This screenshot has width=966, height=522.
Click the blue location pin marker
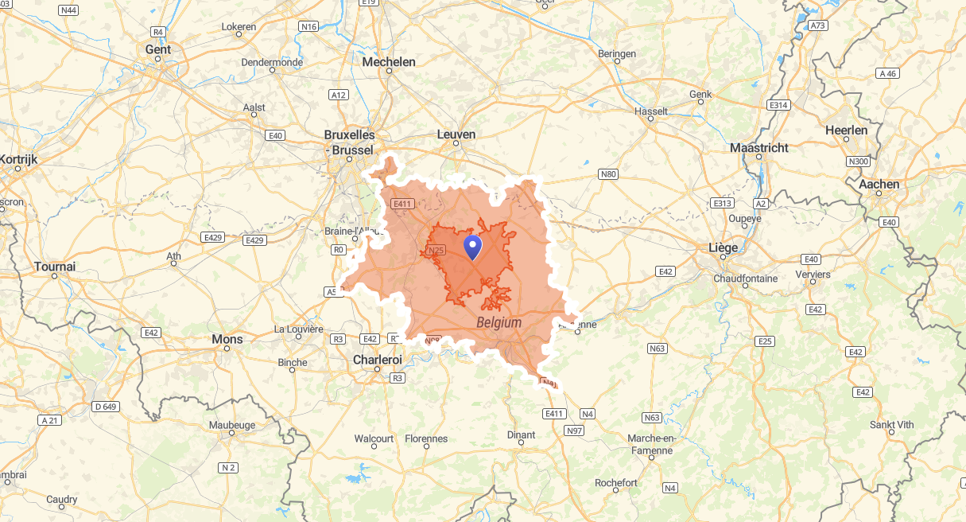pos(472,247)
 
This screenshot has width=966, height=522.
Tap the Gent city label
pos(158,49)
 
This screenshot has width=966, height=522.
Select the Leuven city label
pos(456,134)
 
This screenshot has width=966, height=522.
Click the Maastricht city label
pos(759,148)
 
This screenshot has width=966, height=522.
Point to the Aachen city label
pos(879,185)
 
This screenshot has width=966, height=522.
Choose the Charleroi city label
pos(378,360)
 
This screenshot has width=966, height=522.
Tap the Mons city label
pos(227,339)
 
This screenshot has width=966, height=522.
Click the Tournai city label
pos(55,267)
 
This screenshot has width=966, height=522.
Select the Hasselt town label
pos(652,111)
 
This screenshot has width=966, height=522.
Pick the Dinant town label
pos(521,435)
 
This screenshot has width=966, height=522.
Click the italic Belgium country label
pos(499,322)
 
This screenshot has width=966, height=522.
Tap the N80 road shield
pos(608,174)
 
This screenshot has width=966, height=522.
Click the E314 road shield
pos(778,105)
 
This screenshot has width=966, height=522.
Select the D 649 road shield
pos(106,407)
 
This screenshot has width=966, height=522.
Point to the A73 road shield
pos(818,25)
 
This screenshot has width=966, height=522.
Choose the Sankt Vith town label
pos(892,425)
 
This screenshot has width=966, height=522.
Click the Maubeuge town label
pos(232,425)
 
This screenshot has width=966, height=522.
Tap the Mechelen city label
pos(389,61)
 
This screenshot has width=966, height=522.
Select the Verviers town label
pos(813,275)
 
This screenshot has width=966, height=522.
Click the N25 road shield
pos(435,251)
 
